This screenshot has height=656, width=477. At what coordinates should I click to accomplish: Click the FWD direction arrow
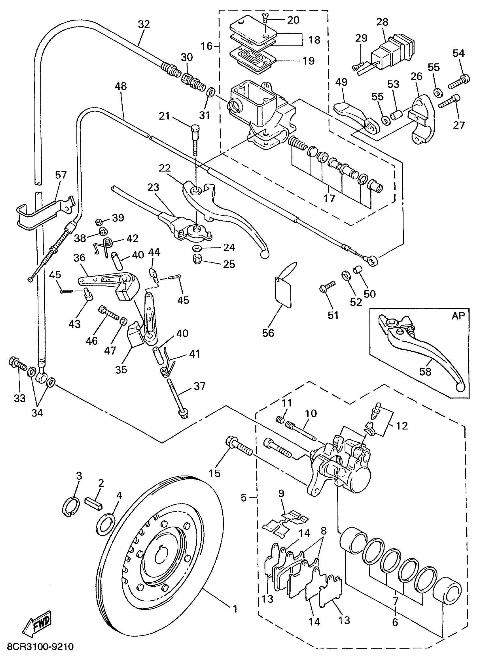click(38, 623)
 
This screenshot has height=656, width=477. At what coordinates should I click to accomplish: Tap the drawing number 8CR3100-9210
click(40, 646)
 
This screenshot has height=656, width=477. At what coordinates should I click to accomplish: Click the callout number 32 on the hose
click(144, 24)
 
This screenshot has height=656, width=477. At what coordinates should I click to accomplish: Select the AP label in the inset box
click(458, 316)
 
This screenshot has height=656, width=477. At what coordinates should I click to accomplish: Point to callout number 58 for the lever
click(425, 371)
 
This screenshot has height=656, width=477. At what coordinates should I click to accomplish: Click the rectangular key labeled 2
click(94, 504)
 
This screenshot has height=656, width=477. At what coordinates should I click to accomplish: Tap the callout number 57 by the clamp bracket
click(61, 175)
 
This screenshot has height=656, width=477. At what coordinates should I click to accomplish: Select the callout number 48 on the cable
click(121, 86)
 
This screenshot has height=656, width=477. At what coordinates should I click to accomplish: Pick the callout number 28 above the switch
click(382, 22)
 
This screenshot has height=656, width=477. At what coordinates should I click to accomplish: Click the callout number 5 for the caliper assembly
click(244, 497)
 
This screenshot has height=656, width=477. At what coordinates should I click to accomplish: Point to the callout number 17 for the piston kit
click(329, 198)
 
